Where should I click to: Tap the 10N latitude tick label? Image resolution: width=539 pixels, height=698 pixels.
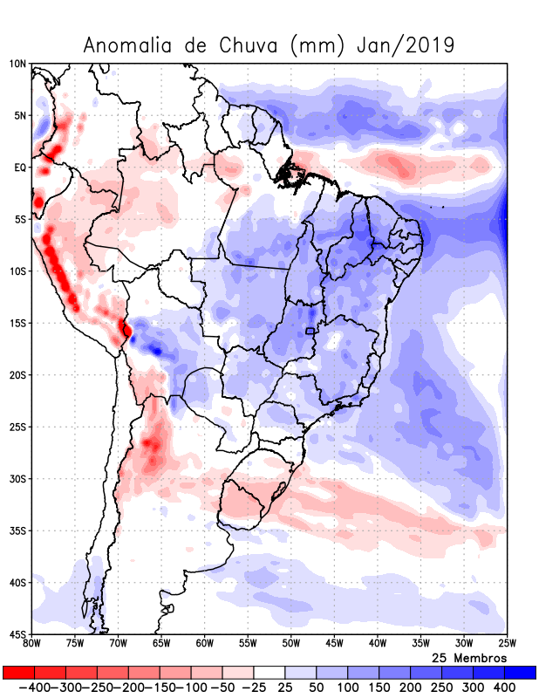(x=17, y=64)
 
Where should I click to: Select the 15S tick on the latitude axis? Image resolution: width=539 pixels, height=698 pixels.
(x=17, y=323)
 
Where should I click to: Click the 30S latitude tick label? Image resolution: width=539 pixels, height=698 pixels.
(x=17, y=479)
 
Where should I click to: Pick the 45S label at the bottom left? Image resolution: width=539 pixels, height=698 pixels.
(x=17, y=634)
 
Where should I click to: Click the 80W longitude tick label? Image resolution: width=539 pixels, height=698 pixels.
(x=32, y=644)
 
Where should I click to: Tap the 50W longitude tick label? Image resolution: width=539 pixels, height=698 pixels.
(x=290, y=644)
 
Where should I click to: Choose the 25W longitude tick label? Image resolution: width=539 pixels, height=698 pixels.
(x=506, y=644)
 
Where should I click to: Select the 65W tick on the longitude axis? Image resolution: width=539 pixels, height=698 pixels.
(x=161, y=644)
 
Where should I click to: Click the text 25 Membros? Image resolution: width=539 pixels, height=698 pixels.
(x=469, y=657)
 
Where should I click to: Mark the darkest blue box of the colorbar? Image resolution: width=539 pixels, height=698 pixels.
(x=520, y=673)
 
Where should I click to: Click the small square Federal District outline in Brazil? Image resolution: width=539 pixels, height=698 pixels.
(x=310, y=331)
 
